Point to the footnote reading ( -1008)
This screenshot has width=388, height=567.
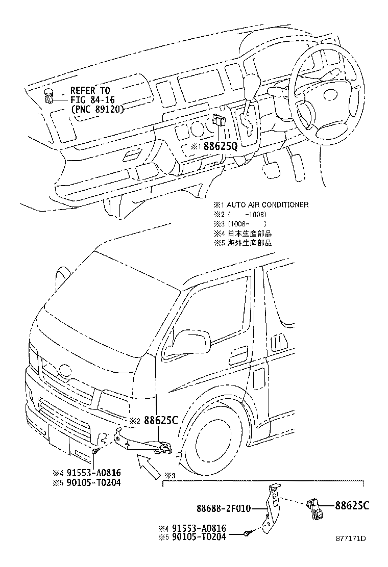[248, 214]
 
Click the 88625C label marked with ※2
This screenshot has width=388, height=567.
[161, 421]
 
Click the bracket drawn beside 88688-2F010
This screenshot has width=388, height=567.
[272, 510]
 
